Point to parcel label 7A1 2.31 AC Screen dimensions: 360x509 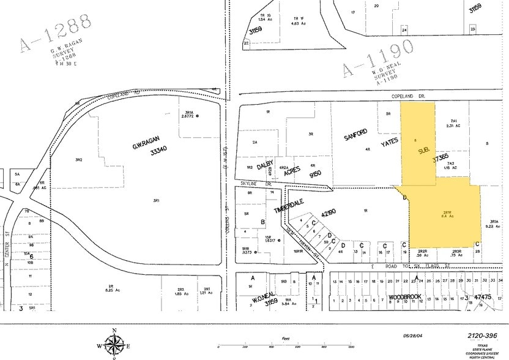(453, 124)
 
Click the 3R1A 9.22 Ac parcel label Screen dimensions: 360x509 (494, 223)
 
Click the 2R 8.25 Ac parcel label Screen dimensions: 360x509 (111, 287)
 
